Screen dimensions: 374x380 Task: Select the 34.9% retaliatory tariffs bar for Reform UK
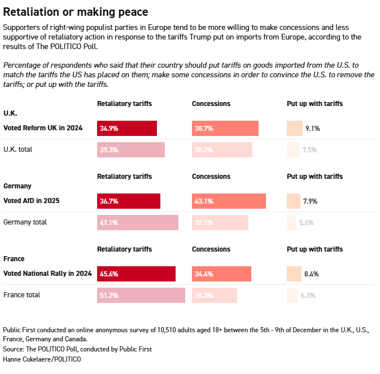[x=127, y=128]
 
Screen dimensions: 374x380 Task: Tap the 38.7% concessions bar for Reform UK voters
[x=225, y=128]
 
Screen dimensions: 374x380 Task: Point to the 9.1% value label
[x=312, y=128]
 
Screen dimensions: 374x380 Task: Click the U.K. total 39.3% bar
[x=131, y=149]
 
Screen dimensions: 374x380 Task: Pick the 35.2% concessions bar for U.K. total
[x=222, y=149]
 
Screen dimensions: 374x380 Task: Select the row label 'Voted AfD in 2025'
[x=32, y=200]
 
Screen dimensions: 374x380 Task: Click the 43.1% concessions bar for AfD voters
[x=229, y=201]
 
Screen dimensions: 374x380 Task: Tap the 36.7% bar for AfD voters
[x=129, y=201]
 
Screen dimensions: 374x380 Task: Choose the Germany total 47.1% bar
[x=138, y=222]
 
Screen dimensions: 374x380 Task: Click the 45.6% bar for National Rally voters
[x=136, y=274]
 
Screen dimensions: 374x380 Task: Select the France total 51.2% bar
[x=141, y=295]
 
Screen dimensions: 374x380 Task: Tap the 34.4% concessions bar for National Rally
[x=221, y=274]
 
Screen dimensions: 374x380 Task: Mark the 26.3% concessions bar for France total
[x=215, y=295]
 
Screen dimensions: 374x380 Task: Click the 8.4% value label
[x=312, y=274]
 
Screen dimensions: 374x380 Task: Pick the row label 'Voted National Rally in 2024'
[x=47, y=274]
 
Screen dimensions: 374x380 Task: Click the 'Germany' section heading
[x=18, y=186]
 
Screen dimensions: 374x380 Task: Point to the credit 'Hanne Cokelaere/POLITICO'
[x=42, y=359]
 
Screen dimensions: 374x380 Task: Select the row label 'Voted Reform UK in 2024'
[x=43, y=128]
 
